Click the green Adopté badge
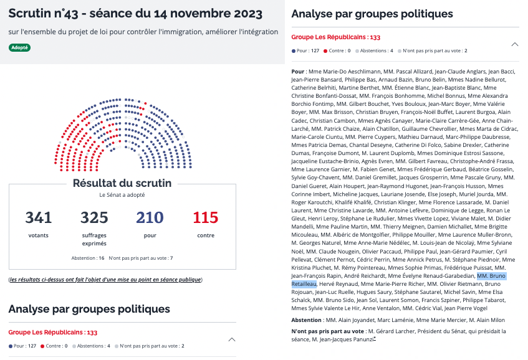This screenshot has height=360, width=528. point(19,47)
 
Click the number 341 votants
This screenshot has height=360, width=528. point(38,218)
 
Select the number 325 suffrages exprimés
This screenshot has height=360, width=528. point(94,218)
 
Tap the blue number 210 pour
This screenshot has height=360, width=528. point(150,218)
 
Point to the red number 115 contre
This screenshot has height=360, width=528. point(206,218)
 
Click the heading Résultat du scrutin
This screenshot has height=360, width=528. point(122,183)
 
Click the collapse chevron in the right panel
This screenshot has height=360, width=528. point(514,44)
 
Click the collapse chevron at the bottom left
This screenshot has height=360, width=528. point(232,339)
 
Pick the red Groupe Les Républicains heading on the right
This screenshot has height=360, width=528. point(327,37)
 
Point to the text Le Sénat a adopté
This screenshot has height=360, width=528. point(122,195)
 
